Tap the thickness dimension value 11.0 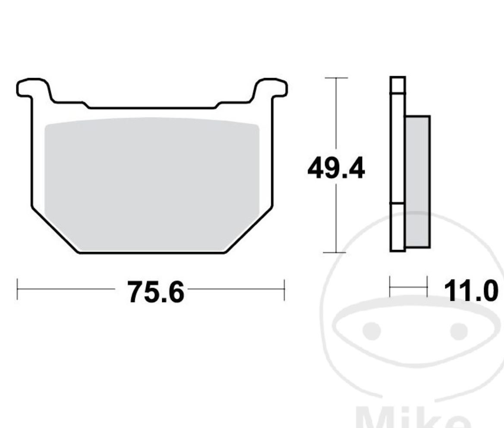coord(470,291)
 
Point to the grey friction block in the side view coord(418,181)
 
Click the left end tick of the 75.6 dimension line coord(17,289)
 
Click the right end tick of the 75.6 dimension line coord(284,289)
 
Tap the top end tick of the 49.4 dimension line coord(336,78)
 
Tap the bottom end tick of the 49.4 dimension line coord(336,253)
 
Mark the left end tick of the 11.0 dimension coord(390,287)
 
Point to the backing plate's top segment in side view coord(398,84)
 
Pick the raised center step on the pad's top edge coord(152,107)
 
